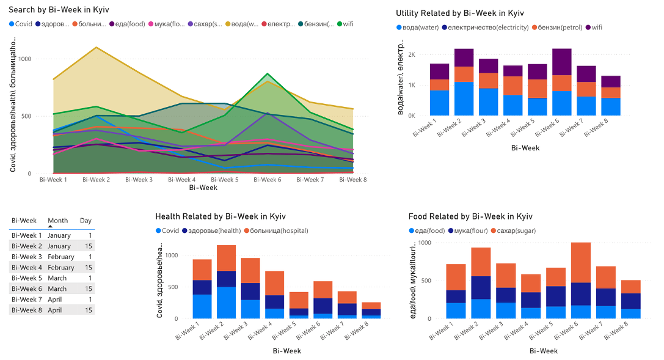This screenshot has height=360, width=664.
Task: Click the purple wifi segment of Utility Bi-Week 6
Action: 561,62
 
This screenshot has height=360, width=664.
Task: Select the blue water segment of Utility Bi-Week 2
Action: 464,98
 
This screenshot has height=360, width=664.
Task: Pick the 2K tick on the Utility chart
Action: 412,55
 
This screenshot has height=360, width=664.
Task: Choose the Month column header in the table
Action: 58,221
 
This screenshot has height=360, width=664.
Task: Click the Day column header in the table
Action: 86,221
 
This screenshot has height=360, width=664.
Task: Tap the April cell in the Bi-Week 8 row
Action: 59,310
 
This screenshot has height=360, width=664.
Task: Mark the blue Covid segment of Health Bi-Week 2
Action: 227,303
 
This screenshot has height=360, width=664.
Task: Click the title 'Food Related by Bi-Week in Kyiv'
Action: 470,216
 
